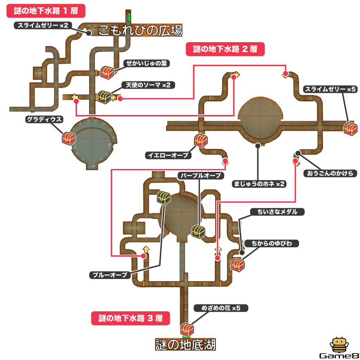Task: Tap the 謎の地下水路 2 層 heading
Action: [x=225, y=50]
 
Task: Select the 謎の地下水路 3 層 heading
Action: [x=130, y=318]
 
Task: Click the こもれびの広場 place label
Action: [x=140, y=30]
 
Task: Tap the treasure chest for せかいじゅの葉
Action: [x=108, y=72]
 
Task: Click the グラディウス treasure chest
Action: [x=69, y=138]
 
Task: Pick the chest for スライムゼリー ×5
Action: [x=351, y=128]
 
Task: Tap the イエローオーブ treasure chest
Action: [x=201, y=140]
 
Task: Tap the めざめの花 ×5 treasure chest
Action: [x=186, y=328]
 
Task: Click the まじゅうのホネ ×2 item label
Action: [x=258, y=184]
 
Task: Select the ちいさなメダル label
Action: [x=277, y=211]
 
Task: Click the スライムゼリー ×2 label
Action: [x=43, y=25]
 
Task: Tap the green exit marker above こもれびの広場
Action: [x=129, y=17]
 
